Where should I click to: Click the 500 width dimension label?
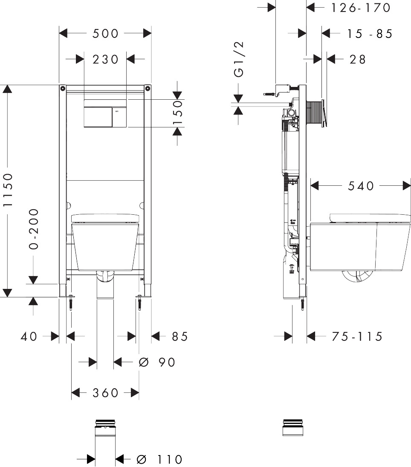[105, 33]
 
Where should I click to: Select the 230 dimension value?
[105, 59]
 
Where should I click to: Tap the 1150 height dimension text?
[8, 190]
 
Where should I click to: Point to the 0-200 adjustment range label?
[33, 229]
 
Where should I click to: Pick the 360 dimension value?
[105, 392]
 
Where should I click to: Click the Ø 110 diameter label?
[159, 459]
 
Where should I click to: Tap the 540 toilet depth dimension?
[361, 186]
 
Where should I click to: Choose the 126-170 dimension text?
[361, 8]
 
